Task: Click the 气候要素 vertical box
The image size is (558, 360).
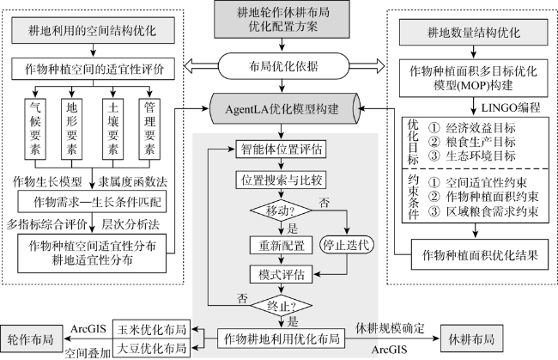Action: (x=37, y=127)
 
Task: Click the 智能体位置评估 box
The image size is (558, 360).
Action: (x=278, y=149)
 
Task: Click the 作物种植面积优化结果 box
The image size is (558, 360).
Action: (x=474, y=255)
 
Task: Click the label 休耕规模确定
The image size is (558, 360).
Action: (x=391, y=327)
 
